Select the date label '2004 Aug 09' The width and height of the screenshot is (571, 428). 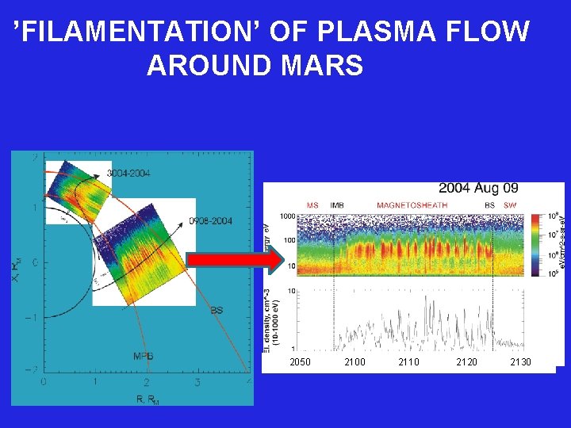tap(478, 188)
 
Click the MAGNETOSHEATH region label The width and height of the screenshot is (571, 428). tap(412, 205)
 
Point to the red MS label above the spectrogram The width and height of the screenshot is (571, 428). tap(312, 205)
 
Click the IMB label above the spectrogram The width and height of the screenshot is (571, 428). tap(337, 205)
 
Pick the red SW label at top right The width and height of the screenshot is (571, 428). tap(510, 205)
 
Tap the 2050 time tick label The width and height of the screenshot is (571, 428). tap(301, 362)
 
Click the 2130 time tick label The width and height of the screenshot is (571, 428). tap(520, 362)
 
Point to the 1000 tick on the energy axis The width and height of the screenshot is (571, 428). tap(286, 216)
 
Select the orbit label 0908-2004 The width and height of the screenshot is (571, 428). tap(210, 221)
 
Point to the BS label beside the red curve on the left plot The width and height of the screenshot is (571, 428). tap(217, 311)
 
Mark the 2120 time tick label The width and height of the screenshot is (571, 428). tap(466, 362)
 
